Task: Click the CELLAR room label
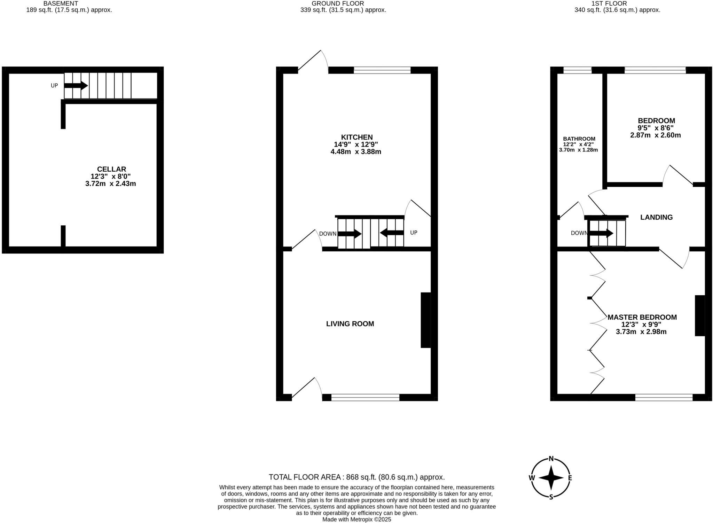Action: [111, 169]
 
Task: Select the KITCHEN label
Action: [356, 137]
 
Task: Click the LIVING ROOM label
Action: [350, 324]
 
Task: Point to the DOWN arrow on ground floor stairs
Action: [350, 234]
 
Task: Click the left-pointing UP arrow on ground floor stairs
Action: [392, 233]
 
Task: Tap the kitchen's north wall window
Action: [382, 70]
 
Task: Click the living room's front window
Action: [365, 398]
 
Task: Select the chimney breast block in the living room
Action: [425, 320]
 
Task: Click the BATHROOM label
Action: [579, 139]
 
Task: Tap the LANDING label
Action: [656, 217]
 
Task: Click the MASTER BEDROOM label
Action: [642, 317]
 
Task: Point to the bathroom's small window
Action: [577, 70]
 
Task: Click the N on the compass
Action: [551, 459]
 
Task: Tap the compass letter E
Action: [570, 478]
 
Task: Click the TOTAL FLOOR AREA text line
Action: [356, 477]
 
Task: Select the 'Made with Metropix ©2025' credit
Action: [356, 520]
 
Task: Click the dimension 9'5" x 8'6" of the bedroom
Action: [656, 128]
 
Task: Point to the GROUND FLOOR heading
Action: [332, 3]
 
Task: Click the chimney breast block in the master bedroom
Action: [700, 315]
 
